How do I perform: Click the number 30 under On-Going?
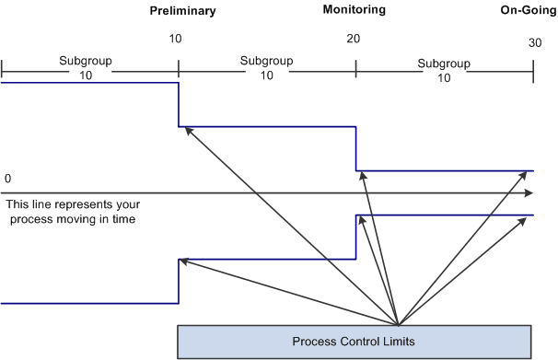click(x=535, y=44)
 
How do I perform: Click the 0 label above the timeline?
click(x=7, y=178)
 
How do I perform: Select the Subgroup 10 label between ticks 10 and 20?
click(x=266, y=68)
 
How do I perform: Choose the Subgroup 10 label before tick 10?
click(x=86, y=68)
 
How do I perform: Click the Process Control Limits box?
click(x=355, y=341)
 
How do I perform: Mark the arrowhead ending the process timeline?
click(x=529, y=193)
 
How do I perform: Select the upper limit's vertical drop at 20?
click(x=355, y=148)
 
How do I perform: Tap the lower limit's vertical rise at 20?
click(x=355, y=237)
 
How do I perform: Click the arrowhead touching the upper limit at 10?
click(x=187, y=130)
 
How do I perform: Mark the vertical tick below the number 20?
click(x=355, y=68)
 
